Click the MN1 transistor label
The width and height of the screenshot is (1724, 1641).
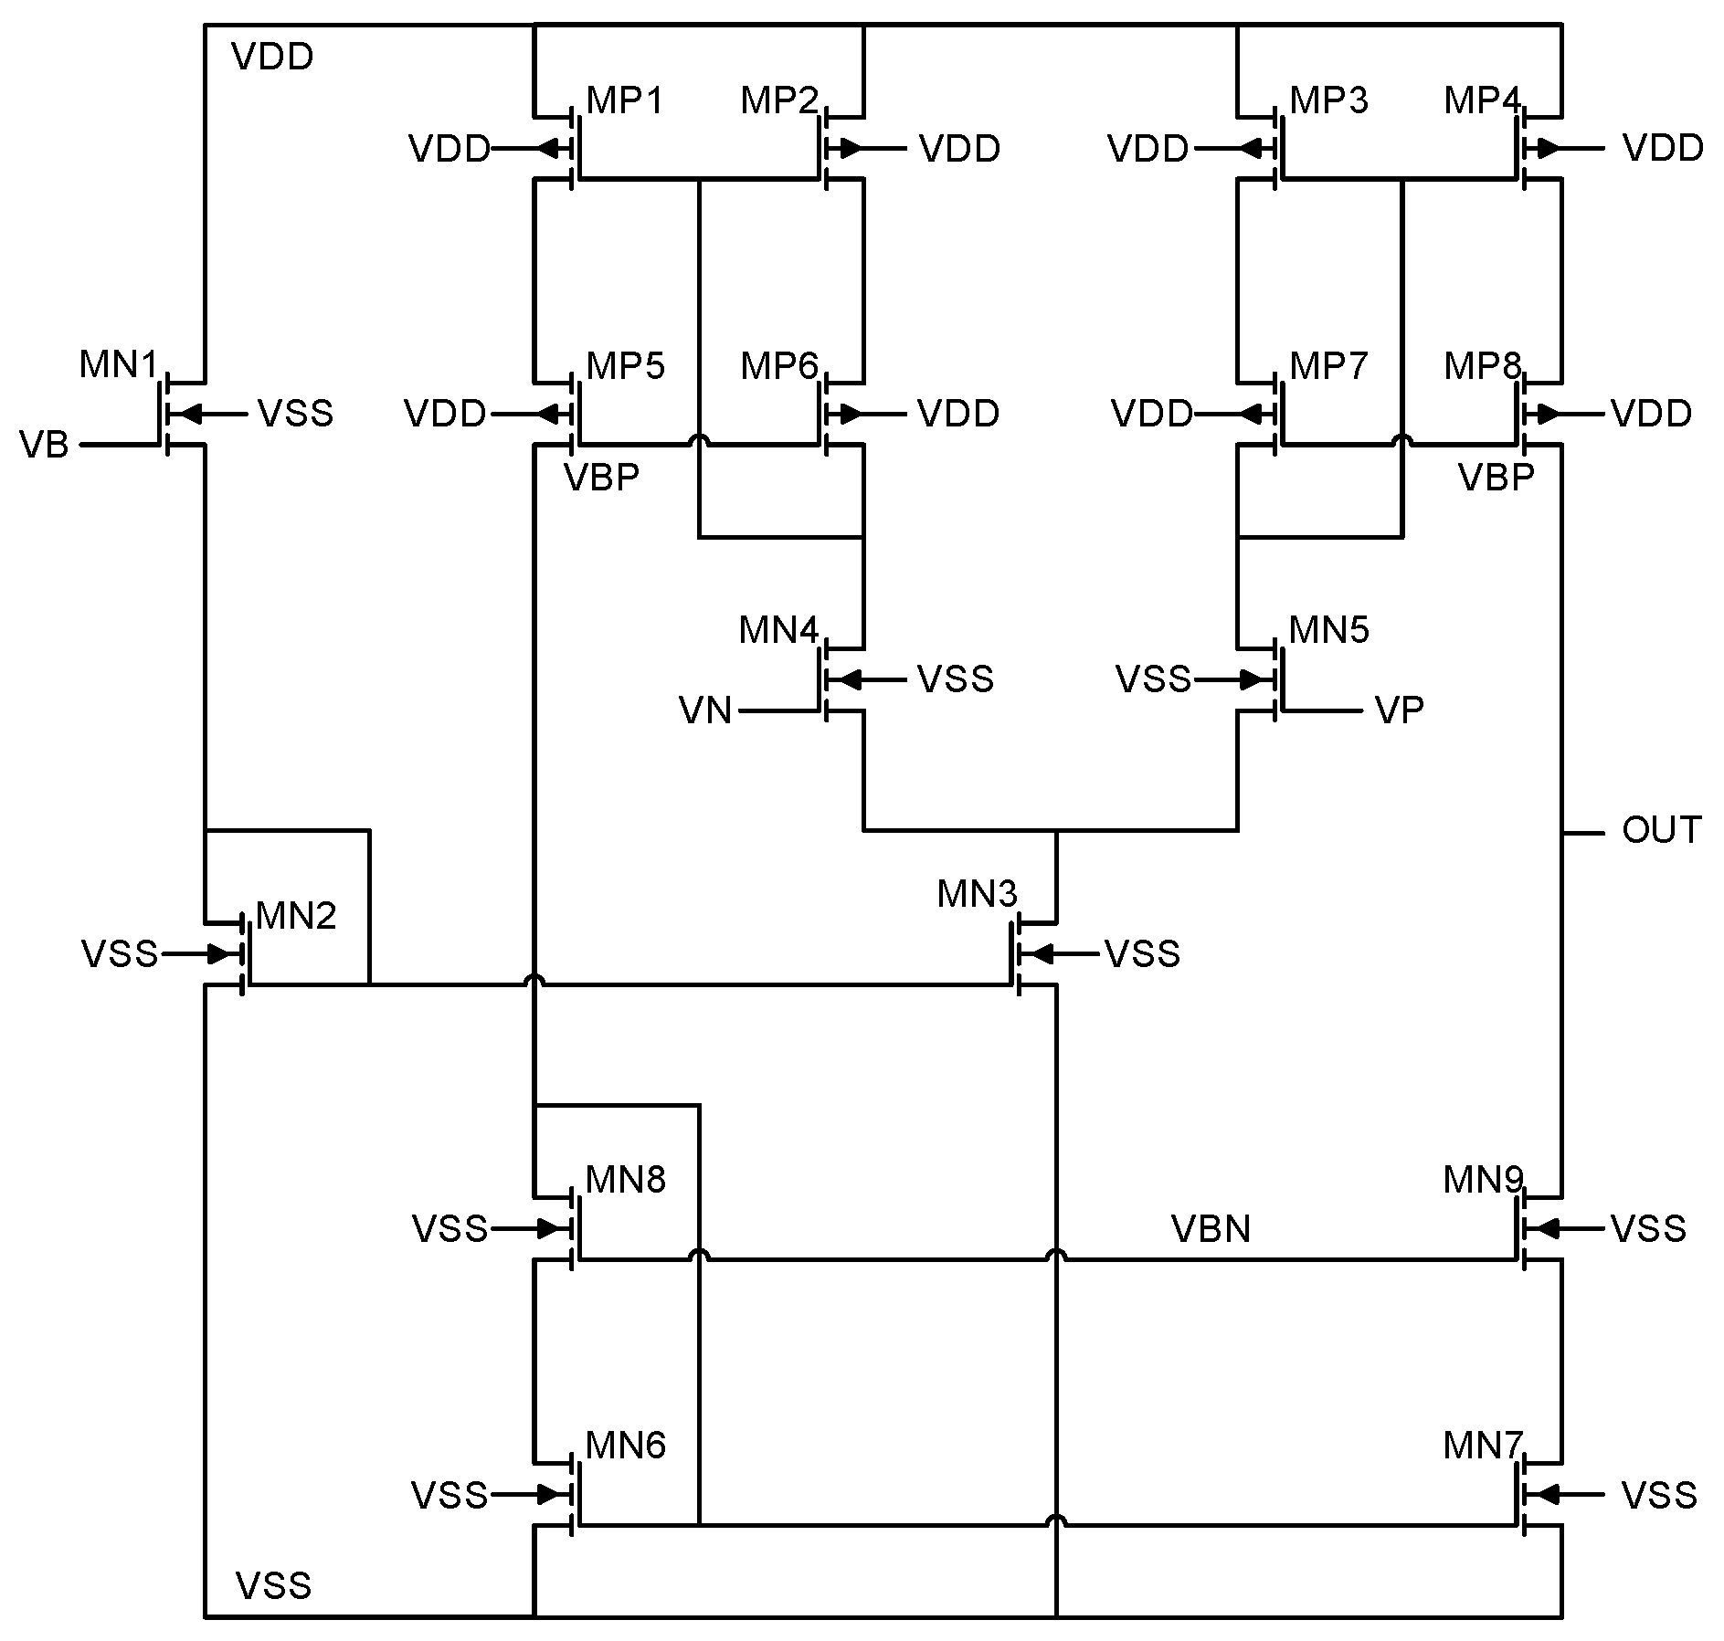click(x=118, y=364)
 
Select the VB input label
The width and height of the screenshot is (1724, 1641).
click(x=44, y=446)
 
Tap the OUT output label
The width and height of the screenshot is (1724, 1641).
click(x=1661, y=831)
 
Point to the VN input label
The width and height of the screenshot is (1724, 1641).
click(x=705, y=710)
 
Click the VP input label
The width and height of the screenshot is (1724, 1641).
click(x=1399, y=710)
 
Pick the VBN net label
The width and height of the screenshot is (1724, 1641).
click(x=1211, y=1229)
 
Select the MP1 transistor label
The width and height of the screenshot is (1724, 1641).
click(x=625, y=100)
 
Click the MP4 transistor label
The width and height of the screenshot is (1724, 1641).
click(x=1482, y=100)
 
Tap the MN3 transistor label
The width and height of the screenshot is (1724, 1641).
click(x=976, y=894)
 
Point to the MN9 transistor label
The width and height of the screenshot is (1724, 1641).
click(x=1482, y=1181)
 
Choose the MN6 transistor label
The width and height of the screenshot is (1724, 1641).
click(x=625, y=1446)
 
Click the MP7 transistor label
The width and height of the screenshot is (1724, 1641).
click(x=1328, y=365)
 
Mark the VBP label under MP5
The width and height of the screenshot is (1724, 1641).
click(x=601, y=478)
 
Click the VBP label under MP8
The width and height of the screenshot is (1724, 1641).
click(x=1496, y=478)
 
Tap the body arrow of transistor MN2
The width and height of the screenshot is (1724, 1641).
click(x=225, y=954)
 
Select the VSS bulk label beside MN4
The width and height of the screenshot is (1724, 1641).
click(x=955, y=679)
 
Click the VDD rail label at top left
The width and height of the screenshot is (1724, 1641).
click(x=272, y=57)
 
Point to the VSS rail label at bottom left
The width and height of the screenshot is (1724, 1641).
click(x=273, y=1586)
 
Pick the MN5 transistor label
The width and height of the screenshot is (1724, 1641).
click(x=1328, y=630)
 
